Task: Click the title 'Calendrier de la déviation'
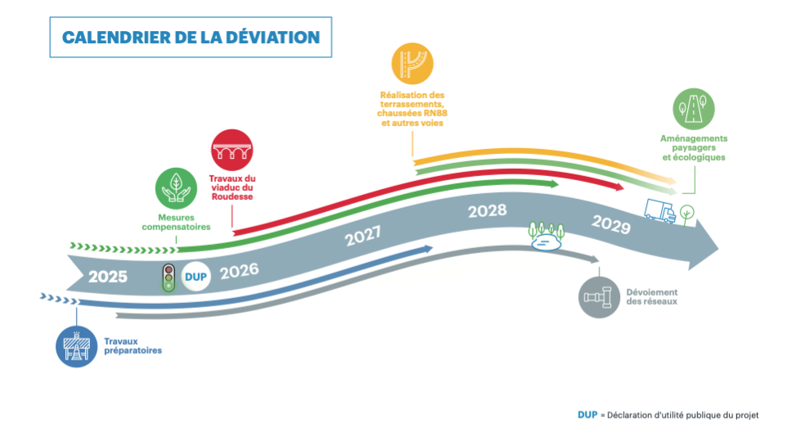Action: click(x=190, y=37)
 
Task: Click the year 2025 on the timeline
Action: click(x=108, y=277)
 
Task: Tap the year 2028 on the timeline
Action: click(x=488, y=211)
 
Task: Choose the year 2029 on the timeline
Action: click(x=611, y=224)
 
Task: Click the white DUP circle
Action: click(x=196, y=276)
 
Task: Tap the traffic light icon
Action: click(x=169, y=278)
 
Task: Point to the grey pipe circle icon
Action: click(x=600, y=296)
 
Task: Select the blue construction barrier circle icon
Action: click(x=76, y=346)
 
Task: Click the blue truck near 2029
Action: click(x=660, y=210)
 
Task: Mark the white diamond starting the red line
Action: click(x=229, y=234)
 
